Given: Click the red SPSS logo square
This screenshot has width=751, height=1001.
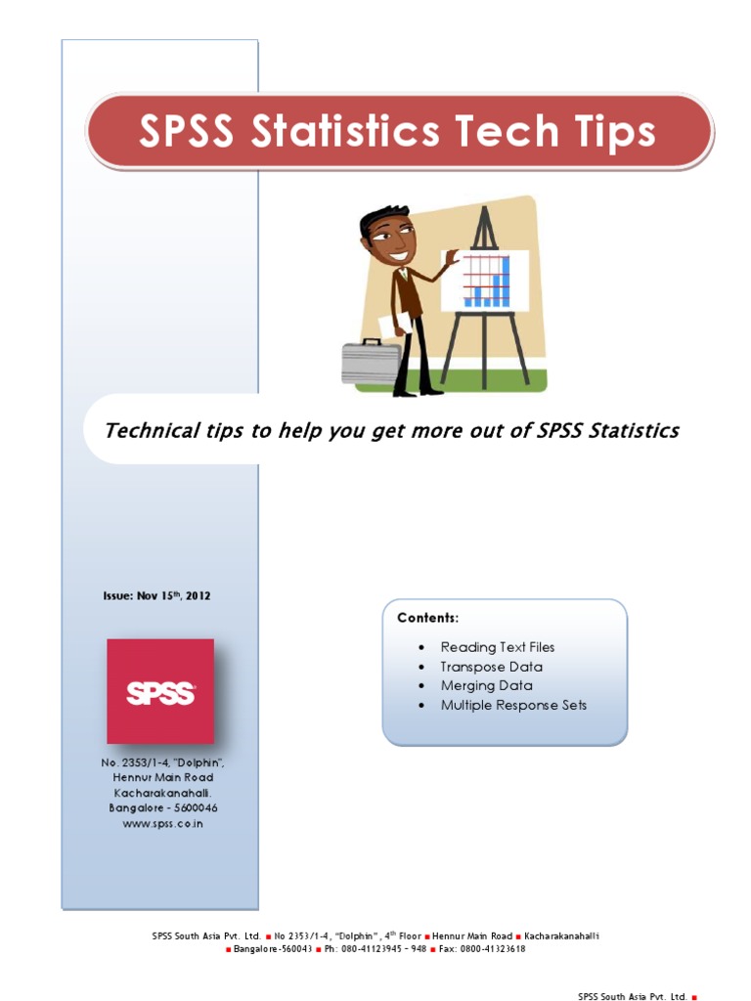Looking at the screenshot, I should click(x=160, y=691).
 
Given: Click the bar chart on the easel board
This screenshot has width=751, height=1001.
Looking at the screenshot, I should click(x=487, y=280).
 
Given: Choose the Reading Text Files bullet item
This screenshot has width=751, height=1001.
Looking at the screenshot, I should click(x=497, y=647).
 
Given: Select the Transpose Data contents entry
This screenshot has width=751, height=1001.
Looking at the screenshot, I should click(x=492, y=667).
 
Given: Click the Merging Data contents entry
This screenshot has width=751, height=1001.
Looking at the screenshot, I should click(x=486, y=685).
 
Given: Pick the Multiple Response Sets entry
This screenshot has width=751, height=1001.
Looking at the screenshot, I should click(x=513, y=705).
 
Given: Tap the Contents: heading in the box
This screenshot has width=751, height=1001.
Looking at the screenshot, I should click(x=427, y=618).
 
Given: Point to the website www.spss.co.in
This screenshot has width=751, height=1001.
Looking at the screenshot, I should click(x=162, y=824).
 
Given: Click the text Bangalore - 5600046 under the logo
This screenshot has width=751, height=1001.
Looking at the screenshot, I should click(x=162, y=808).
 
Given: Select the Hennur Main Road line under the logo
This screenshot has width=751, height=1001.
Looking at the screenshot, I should click(x=162, y=777).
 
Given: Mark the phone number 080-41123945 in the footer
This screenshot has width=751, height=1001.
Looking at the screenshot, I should click(x=375, y=948).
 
